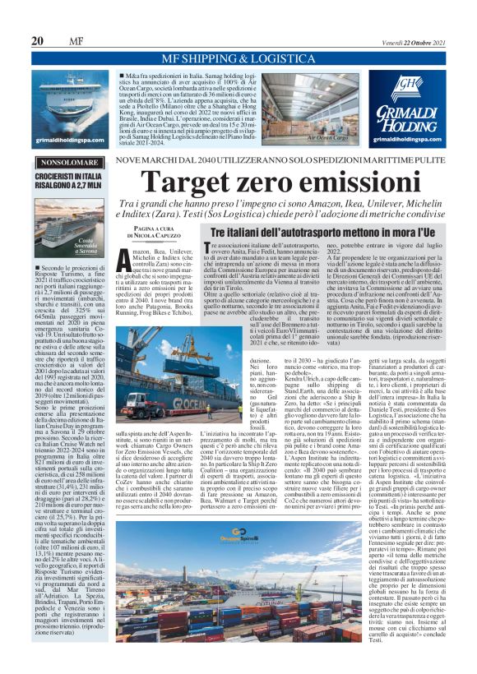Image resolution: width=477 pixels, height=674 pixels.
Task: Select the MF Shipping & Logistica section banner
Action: [x=238, y=59]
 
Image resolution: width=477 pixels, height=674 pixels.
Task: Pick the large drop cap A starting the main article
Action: [x=119, y=236]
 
